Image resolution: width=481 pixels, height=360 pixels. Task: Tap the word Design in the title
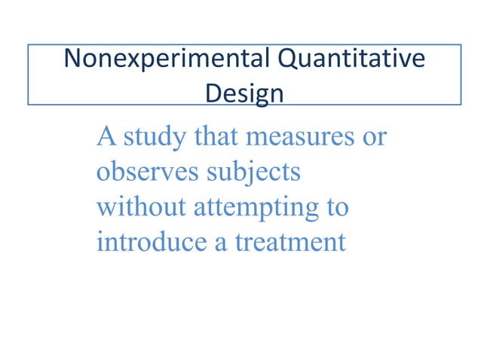(245, 93)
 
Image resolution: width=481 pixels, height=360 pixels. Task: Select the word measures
(300, 139)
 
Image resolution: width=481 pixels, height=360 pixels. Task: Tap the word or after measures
(375, 140)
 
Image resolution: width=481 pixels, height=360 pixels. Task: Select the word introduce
(146, 243)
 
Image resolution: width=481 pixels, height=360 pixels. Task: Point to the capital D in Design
(213, 93)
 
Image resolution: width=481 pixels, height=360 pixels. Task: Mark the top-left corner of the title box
(29, 44)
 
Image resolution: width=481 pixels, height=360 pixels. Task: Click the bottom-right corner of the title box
(461, 104)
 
